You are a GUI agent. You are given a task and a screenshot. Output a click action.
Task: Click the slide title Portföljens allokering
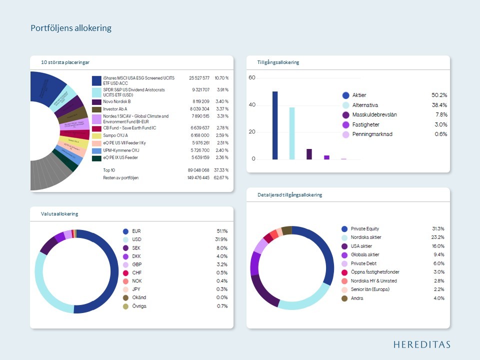click(70, 28)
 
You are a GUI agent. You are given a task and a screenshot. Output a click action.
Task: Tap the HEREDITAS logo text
click(421, 344)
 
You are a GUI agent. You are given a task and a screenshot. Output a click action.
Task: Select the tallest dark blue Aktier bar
click(275, 125)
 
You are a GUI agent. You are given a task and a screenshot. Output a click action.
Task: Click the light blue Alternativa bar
click(292, 133)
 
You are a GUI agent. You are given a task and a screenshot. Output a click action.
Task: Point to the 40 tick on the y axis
click(252, 105)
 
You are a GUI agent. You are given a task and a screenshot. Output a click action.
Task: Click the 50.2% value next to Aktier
click(439, 95)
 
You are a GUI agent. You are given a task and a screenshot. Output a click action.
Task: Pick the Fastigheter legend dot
click(345, 124)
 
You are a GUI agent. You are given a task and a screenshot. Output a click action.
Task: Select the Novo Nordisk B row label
click(116, 101)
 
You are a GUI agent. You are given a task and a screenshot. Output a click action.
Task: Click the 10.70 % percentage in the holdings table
click(221, 78)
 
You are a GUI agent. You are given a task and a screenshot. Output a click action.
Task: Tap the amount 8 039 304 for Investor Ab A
click(199, 109)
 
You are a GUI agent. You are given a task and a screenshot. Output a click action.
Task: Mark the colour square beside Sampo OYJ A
click(96, 135)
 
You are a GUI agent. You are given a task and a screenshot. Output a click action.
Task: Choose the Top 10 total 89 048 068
click(198, 170)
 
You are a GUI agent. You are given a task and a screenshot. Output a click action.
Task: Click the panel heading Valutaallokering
click(59, 214)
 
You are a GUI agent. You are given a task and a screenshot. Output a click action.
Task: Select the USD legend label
click(136, 239)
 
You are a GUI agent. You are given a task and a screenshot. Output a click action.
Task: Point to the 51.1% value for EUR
click(221, 231)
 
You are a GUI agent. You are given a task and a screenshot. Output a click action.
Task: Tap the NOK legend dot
click(125, 280)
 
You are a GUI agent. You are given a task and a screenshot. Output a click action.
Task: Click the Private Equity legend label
click(365, 228)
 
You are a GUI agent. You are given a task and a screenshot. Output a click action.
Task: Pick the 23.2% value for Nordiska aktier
click(438, 237)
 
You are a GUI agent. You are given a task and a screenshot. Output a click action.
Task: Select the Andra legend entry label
click(357, 298)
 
